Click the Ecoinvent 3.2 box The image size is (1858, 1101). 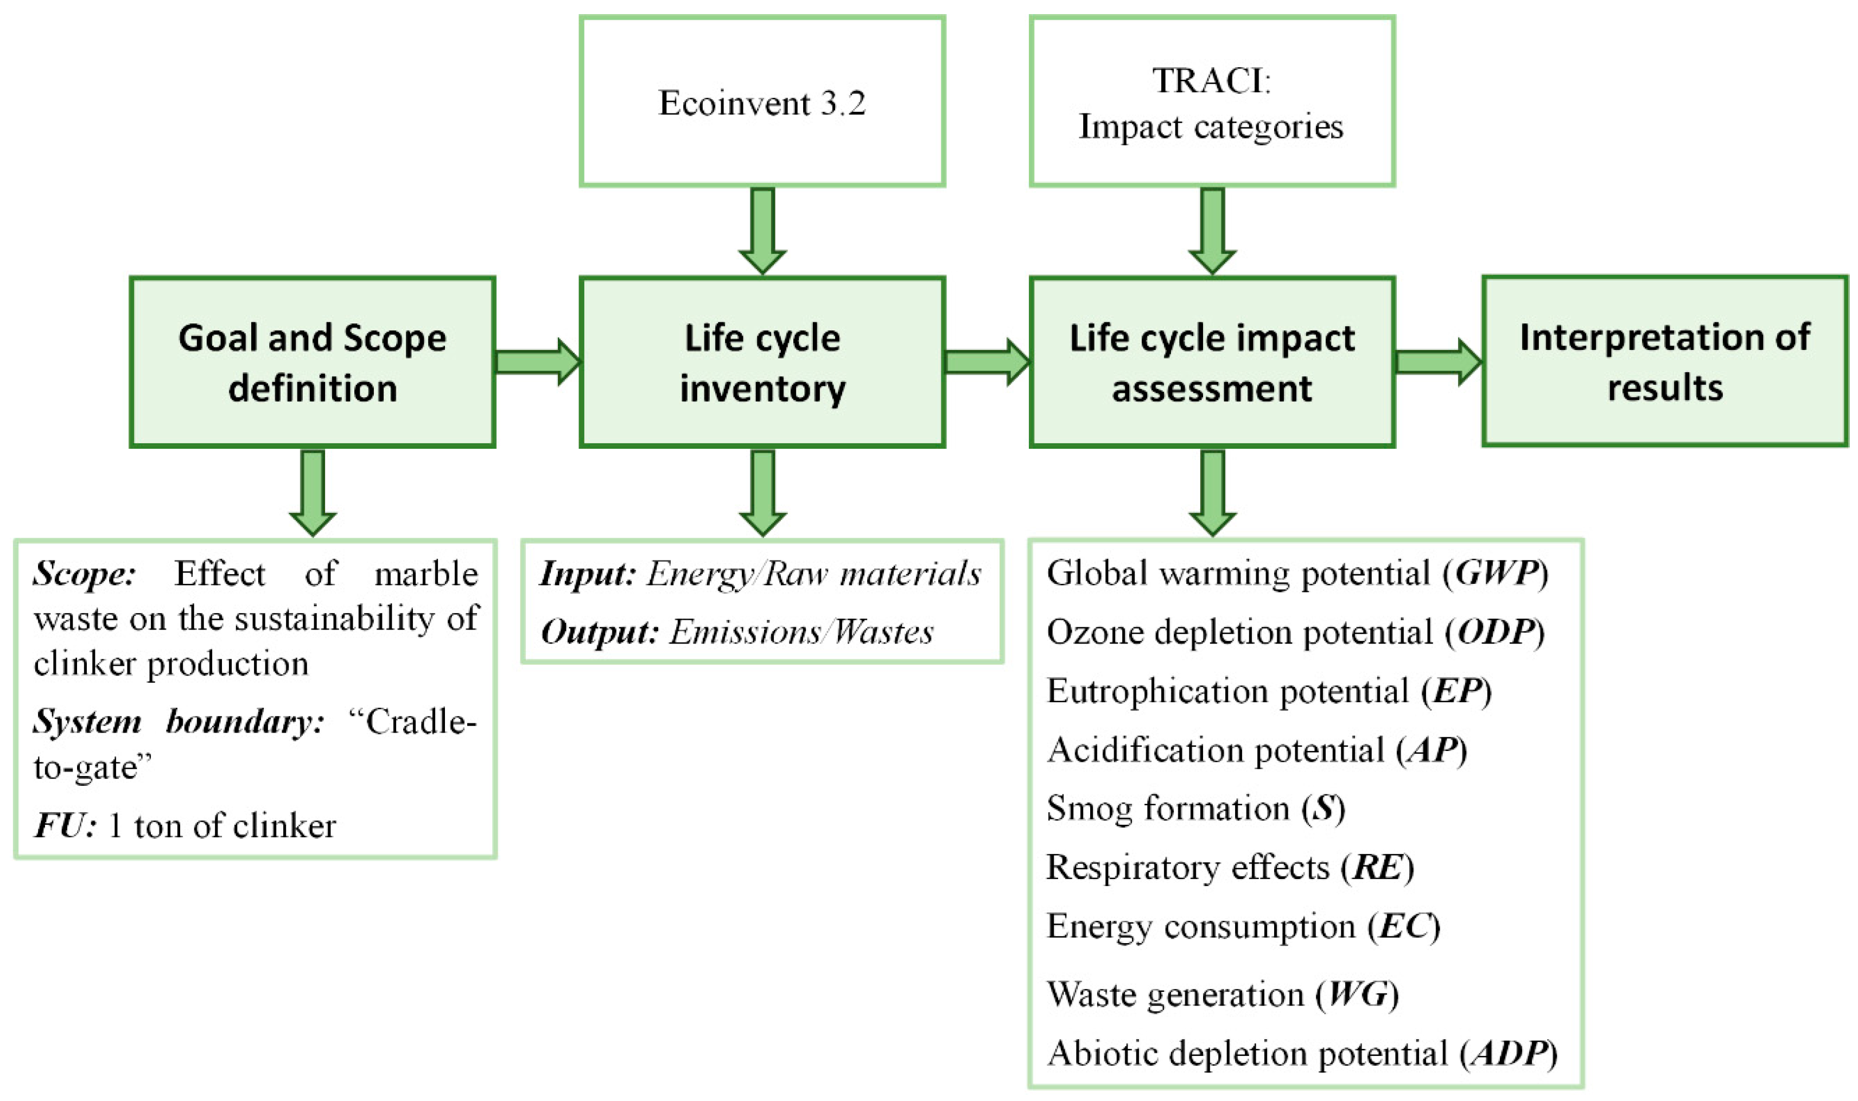pos(762,101)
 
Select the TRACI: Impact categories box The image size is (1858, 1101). pos(1211,101)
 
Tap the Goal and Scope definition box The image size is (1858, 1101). pos(312,362)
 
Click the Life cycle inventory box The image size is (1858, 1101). pos(762,362)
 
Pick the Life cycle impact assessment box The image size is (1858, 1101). pos(1211,362)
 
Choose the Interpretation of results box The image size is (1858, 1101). pos(1664,361)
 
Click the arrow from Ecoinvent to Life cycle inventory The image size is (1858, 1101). pos(762,230)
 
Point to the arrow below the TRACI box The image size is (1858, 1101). pos(1212,230)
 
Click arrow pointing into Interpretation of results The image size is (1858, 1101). pos(1437,362)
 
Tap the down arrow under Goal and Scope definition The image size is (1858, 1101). pos(312,492)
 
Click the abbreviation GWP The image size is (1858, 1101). pos(1496,573)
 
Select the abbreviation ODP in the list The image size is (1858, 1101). pos(1496,632)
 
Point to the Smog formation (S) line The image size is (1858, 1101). pos(1195,808)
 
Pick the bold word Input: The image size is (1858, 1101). pos(588,574)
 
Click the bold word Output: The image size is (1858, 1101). pos(599,632)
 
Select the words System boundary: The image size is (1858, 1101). pos(178,721)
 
